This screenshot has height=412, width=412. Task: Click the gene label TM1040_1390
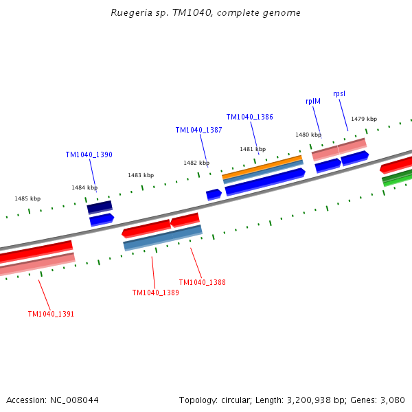(89, 155)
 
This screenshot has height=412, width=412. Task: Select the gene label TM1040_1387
(198, 130)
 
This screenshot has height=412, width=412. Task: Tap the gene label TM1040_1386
(249, 117)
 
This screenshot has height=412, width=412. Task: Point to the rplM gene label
(313, 101)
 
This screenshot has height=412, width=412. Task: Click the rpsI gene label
(339, 93)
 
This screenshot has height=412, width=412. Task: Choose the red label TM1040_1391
(51, 314)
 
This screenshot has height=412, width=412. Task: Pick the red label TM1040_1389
(155, 293)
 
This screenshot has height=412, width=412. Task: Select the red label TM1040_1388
(202, 282)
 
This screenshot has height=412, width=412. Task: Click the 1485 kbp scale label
(27, 198)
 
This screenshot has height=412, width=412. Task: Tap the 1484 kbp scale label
(84, 187)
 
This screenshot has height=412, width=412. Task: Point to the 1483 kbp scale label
(141, 175)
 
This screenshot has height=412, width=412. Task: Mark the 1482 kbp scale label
(196, 163)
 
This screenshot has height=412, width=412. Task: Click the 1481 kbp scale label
(253, 149)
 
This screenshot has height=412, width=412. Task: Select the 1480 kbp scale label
(308, 135)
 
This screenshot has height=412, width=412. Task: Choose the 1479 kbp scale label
(364, 119)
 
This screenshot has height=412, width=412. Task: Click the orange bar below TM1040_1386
(262, 167)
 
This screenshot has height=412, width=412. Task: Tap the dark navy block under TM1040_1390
(100, 206)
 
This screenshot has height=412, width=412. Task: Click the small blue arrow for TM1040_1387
(214, 195)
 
